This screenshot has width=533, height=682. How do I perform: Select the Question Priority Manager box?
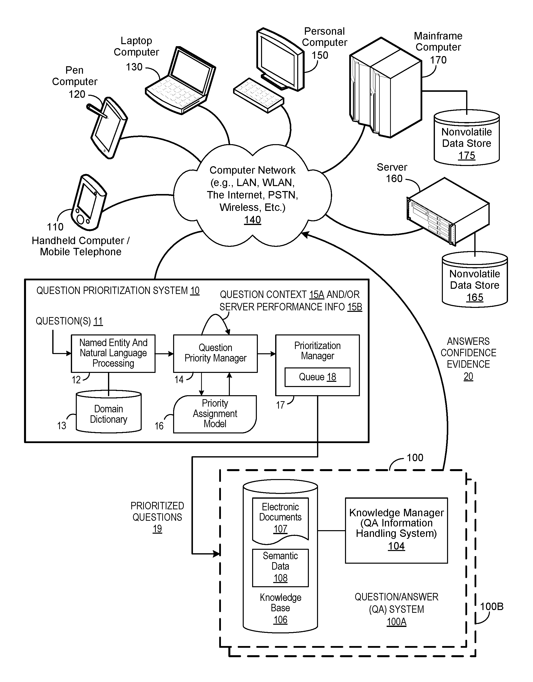pos(215,354)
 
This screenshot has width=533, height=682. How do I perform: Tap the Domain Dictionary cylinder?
pos(108,411)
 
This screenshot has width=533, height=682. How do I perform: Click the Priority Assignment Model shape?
pos(215,414)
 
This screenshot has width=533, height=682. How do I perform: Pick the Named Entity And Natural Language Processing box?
pos(113,354)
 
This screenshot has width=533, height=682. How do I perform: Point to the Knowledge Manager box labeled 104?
pos(396,530)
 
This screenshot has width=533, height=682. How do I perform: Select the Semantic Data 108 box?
pos(280,568)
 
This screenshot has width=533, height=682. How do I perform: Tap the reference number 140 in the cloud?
pos(252,220)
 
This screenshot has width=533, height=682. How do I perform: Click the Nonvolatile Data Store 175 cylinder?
pos(467,137)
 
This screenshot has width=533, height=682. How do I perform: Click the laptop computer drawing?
pos(180,80)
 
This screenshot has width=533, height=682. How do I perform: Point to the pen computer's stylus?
pos(97,111)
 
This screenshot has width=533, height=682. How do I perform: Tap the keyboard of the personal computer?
pos(258,95)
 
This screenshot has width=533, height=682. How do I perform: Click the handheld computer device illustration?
pos(89,202)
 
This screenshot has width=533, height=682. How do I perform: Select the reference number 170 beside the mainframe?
pos(438,60)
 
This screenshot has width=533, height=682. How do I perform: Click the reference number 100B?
pos(491,607)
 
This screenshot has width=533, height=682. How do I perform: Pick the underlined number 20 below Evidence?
pos(468,376)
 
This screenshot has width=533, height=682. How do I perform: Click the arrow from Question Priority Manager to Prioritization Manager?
pos(266,354)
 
